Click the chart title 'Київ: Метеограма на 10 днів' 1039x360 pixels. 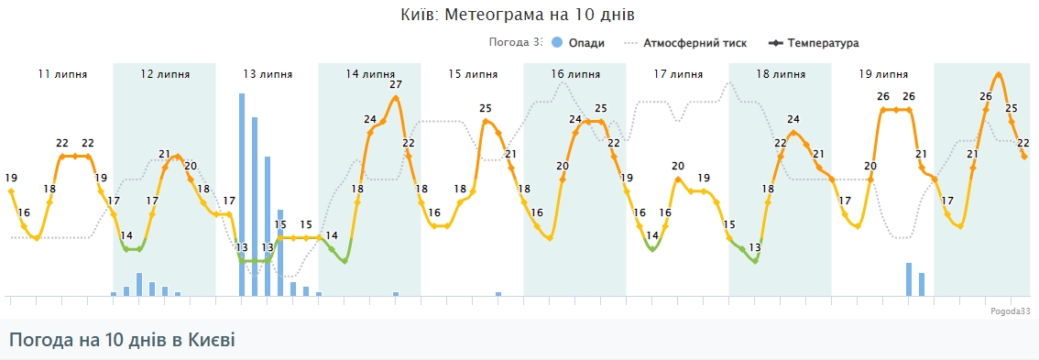[518, 16]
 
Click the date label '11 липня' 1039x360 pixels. [62, 74]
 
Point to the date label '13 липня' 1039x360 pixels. [268, 74]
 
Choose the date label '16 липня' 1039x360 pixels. [575, 74]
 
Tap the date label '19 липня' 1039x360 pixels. [883, 74]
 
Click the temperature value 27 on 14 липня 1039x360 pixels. [396, 85]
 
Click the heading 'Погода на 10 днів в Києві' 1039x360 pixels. [122, 340]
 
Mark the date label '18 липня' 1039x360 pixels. [781, 74]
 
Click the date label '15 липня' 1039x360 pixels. [473, 74]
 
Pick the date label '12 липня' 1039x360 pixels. [165, 74]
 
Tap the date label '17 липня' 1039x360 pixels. [678, 74]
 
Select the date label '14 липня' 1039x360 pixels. [370, 74]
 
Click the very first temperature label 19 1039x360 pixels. [11, 178]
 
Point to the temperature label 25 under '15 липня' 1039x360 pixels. [486, 108]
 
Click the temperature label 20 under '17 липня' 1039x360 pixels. [678, 166]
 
